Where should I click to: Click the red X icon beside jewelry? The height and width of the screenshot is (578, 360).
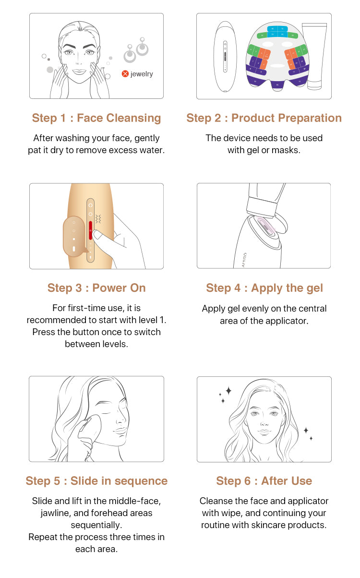[125, 74]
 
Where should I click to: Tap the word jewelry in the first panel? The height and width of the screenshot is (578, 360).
[142, 74]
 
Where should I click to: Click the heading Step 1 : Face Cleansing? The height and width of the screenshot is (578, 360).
[96, 118]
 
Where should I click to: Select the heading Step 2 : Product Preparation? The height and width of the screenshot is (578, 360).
[264, 118]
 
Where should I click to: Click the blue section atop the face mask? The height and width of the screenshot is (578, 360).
[277, 32]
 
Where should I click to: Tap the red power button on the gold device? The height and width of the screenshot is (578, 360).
[90, 230]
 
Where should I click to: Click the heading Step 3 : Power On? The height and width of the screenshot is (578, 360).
[96, 288]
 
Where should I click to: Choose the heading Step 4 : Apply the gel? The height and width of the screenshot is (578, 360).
[264, 288]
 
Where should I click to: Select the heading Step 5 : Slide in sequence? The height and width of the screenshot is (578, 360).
[96, 481]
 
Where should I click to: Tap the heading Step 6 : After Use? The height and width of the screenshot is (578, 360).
[264, 481]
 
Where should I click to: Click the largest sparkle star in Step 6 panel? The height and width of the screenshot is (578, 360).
[228, 391]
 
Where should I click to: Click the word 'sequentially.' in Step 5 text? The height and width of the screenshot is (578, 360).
[96, 525]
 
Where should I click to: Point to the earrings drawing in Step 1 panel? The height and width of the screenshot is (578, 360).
[136, 50]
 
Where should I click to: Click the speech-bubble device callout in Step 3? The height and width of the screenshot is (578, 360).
[75, 237]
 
